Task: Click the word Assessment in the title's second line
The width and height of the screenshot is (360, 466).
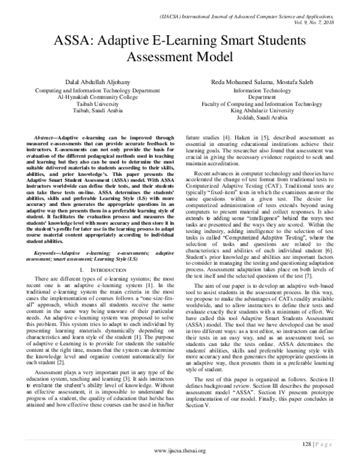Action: (179, 58)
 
